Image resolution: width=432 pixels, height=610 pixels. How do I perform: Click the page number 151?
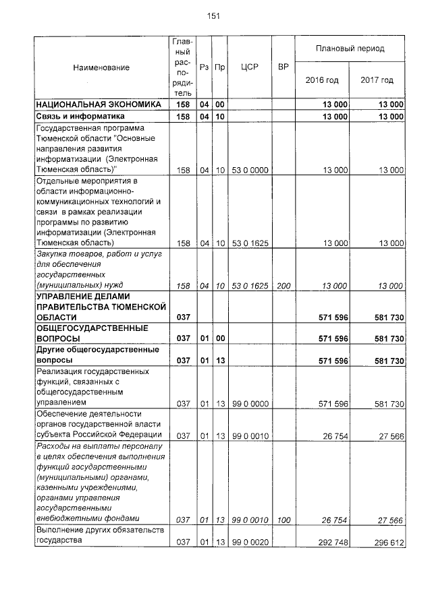[x=215, y=16]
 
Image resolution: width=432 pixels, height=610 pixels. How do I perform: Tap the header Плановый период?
[x=350, y=49]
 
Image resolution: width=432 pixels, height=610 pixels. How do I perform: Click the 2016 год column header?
[x=322, y=80]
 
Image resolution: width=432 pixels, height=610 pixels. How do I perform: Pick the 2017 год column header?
[x=377, y=80]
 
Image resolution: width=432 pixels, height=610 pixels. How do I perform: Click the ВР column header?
[x=283, y=67]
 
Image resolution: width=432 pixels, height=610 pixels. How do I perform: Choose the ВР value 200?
[x=283, y=286]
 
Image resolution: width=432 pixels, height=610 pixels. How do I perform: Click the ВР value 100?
[x=283, y=519]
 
